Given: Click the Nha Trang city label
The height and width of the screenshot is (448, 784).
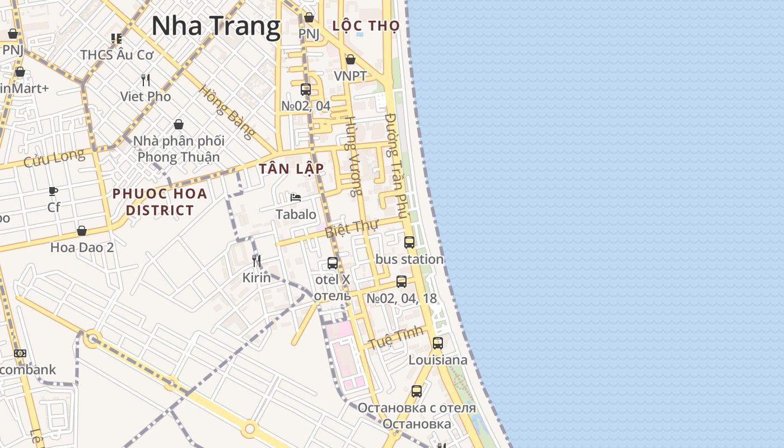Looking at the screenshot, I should [216, 26].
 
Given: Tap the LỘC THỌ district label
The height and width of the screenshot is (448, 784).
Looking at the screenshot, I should [366, 26].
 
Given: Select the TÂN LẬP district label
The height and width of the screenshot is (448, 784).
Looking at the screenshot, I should [291, 169].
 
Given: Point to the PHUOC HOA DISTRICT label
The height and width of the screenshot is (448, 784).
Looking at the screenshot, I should [160, 202].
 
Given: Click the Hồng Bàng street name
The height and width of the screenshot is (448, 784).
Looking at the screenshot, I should [227, 111].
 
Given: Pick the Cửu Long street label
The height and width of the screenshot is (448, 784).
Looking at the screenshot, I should [54, 158].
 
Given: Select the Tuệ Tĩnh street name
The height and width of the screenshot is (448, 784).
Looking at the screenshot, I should [395, 339].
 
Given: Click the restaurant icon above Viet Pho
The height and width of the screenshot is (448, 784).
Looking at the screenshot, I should [146, 80].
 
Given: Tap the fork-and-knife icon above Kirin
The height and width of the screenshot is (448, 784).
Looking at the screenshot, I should [256, 260].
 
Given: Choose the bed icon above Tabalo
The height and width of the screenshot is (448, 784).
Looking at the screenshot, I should [296, 198].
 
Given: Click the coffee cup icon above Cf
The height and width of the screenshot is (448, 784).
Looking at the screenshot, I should [53, 191].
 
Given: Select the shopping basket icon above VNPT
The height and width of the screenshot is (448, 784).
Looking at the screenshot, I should [351, 59].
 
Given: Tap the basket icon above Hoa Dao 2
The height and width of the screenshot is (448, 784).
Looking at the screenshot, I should [82, 231].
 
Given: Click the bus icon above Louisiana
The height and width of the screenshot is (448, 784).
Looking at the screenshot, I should [438, 343].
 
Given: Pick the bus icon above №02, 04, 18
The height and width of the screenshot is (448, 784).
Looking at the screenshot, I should [402, 282].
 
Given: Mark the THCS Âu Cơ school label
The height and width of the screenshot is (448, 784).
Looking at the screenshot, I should [116, 55].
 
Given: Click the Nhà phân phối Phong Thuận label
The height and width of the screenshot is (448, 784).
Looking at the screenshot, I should [179, 149].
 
